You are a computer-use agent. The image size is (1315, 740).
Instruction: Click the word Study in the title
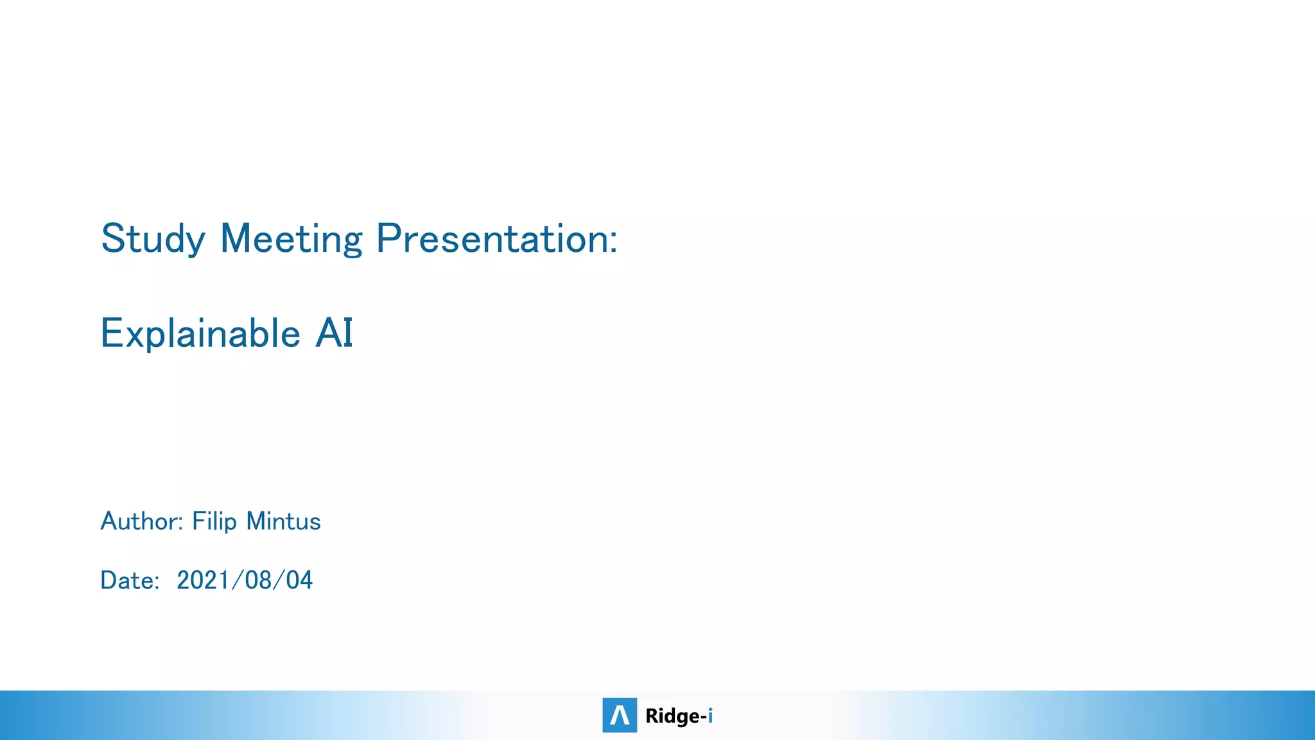tap(153, 239)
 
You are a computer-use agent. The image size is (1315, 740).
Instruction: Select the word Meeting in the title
tap(291, 239)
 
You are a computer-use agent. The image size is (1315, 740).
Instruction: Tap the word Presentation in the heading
tap(491, 239)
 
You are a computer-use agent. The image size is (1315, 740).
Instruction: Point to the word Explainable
tap(200, 333)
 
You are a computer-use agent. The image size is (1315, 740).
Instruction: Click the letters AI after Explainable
tap(334, 333)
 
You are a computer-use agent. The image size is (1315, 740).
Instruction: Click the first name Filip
tap(214, 521)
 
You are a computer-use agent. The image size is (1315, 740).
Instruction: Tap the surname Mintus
tap(284, 521)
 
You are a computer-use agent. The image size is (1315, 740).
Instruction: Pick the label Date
tap(128, 580)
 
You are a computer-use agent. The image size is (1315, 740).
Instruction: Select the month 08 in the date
tap(258, 580)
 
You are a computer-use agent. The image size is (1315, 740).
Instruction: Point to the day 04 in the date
tap(299, 580)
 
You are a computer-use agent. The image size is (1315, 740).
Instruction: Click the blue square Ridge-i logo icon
tap(620, 715)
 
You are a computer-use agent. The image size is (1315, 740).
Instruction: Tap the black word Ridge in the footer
tap(672, 716)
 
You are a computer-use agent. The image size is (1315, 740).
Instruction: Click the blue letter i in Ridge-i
tap(710, 715)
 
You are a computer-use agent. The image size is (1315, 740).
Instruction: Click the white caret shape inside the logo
tap(620, 716)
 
